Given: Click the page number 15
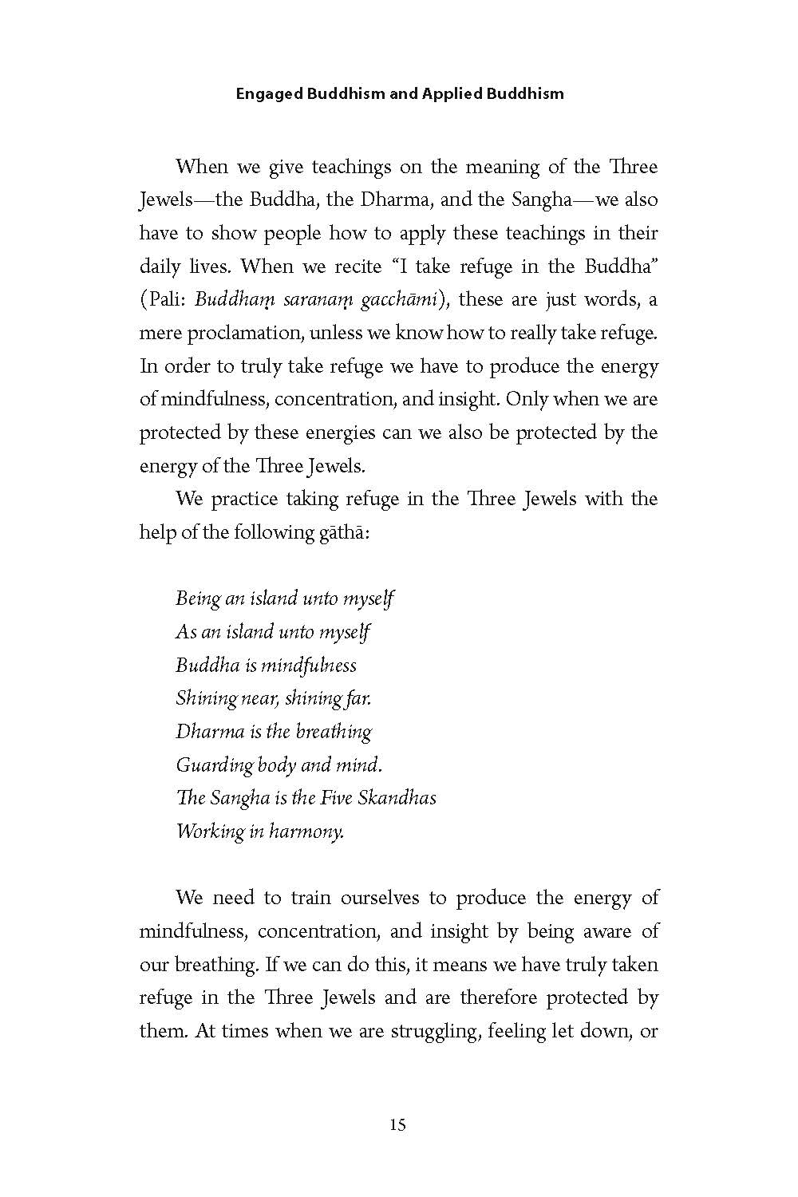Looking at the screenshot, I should coord(398,1125).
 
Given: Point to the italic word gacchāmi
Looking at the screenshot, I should coord(397,300).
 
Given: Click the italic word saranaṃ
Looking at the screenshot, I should coord(309,300).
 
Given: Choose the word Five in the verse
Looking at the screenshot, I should coord(336,798).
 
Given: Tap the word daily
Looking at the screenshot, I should coord(160,267).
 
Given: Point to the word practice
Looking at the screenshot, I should coord(244,499).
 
